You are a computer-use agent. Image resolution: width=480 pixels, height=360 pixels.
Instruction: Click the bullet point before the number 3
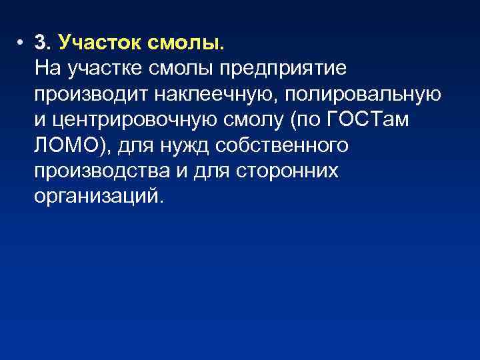(x=21, y=43)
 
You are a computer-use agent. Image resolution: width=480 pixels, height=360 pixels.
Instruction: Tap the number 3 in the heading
(x=43, y=43)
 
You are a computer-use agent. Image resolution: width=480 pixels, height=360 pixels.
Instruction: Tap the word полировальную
(x=363, y=94)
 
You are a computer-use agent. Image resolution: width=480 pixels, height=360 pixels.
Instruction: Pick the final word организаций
(x=97, y=197)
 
